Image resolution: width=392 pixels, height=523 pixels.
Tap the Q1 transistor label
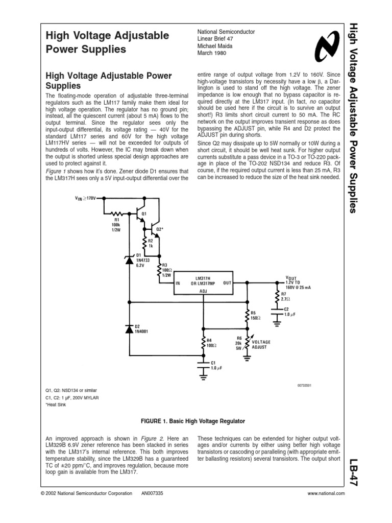tap(144, 213)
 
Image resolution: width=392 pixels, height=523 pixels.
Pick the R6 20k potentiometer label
tap(239, 344)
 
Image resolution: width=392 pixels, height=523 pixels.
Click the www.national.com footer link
tap(327, 493)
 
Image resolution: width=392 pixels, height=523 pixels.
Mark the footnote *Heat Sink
tap(57, 405)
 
